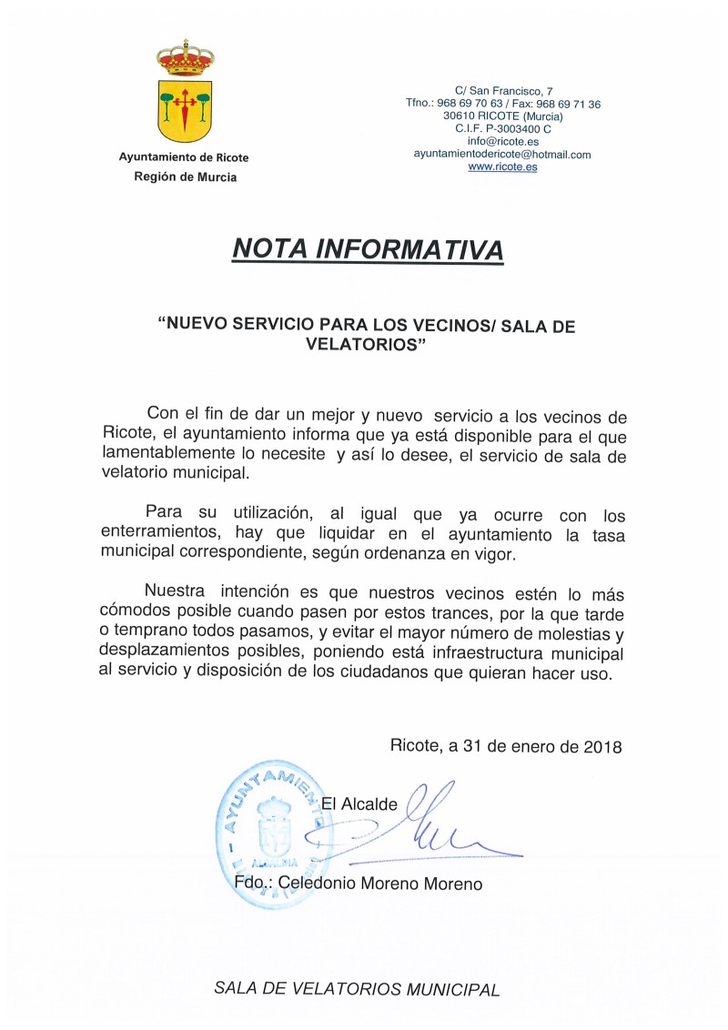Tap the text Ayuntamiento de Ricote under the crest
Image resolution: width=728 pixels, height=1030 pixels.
click(184, 157)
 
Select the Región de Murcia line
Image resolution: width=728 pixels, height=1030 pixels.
click(184, 177)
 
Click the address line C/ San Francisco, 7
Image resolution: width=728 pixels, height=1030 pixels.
click(503, 91)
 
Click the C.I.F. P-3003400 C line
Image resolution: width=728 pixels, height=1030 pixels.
click(503, 129)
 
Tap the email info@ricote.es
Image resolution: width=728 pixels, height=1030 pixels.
click(503, 142)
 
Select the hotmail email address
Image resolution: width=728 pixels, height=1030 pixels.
click(503, 155)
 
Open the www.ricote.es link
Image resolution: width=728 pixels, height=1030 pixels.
click(503, 167)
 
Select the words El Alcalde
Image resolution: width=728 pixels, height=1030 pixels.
click(361, 804)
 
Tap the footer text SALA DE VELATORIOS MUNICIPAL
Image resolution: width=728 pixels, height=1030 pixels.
click(357, 990)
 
